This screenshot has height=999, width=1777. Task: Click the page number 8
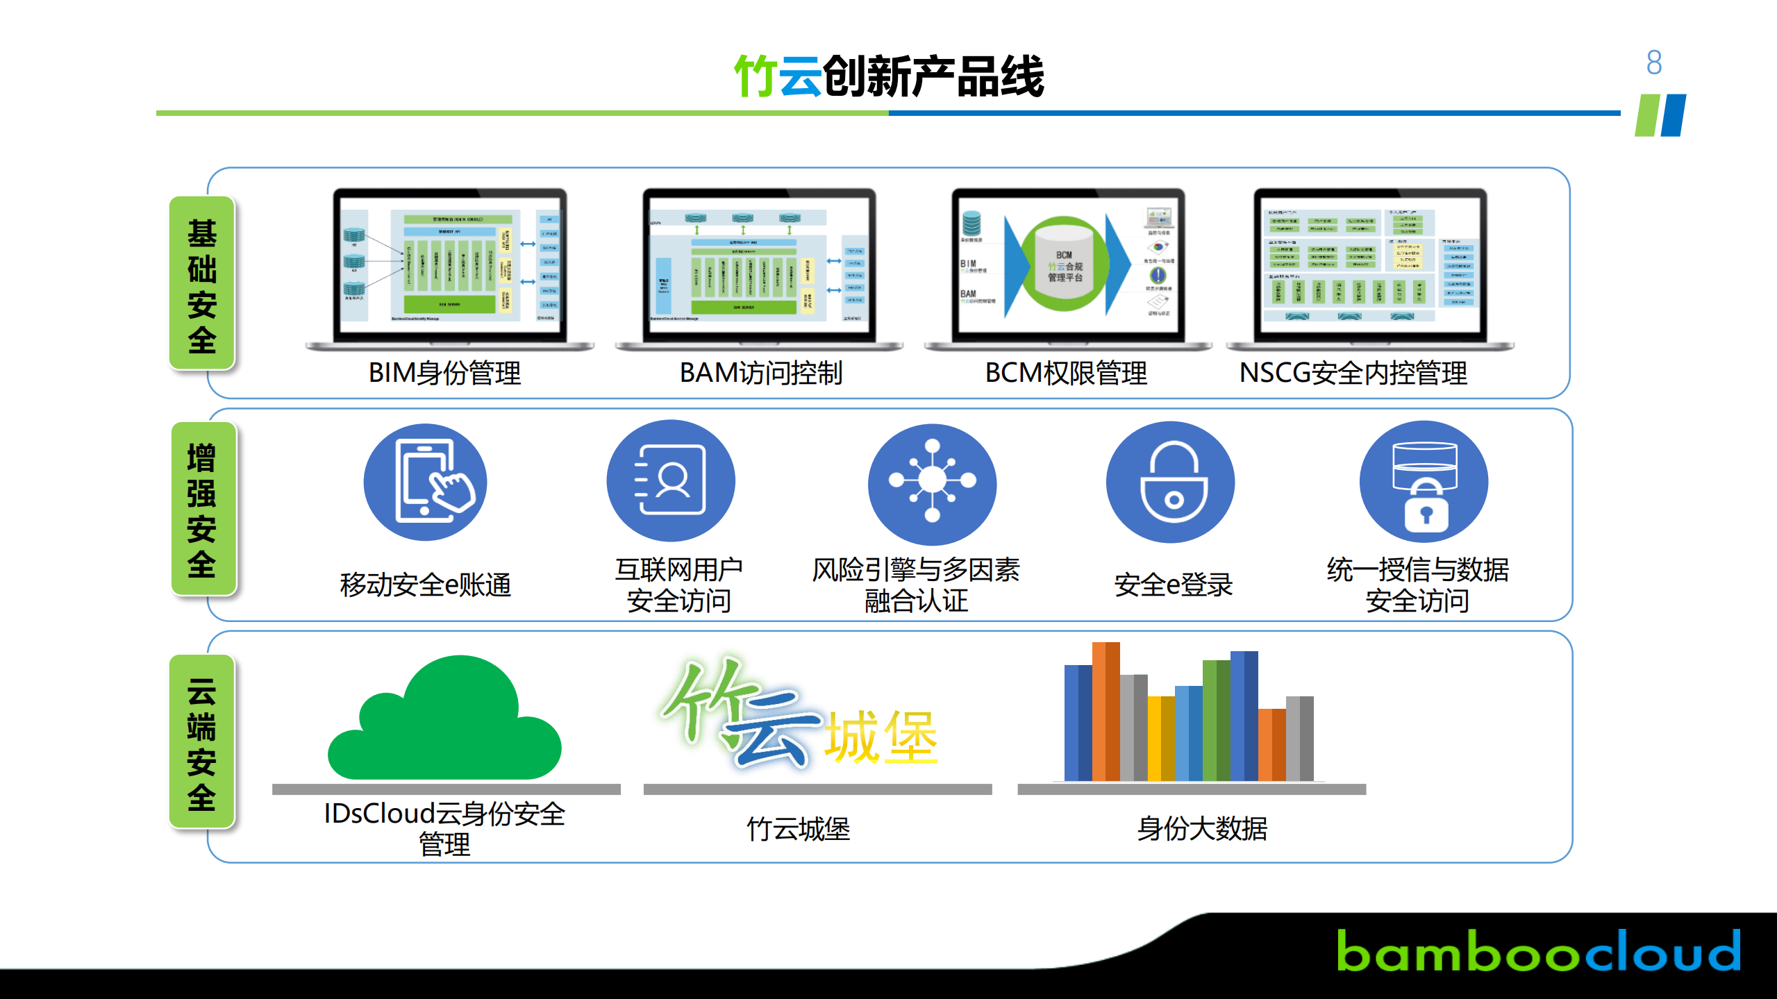tap(1653, 62)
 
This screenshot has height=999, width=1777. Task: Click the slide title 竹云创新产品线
tap(889, 76)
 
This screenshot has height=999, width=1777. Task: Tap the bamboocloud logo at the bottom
tap(1538, 951)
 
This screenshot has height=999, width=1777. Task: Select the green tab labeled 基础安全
tap(202, 283)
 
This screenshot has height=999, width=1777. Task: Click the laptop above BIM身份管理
tap(450, 267)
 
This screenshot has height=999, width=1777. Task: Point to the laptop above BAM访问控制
tap(759, 267)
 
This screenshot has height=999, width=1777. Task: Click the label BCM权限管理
tap(1066, 373)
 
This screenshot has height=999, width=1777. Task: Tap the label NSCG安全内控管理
tap(1353, 373)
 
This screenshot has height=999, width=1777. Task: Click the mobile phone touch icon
tap(425, 482)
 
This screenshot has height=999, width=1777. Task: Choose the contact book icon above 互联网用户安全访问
tap(671, 480)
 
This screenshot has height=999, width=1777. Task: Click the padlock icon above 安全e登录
tap(1171, 482)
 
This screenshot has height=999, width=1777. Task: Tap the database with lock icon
tap(1424, 482)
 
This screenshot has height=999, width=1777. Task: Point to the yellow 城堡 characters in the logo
tap(881, 737)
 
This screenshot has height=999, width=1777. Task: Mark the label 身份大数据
tap(1202, 829)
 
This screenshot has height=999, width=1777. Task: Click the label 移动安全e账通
tap(425, 585)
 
